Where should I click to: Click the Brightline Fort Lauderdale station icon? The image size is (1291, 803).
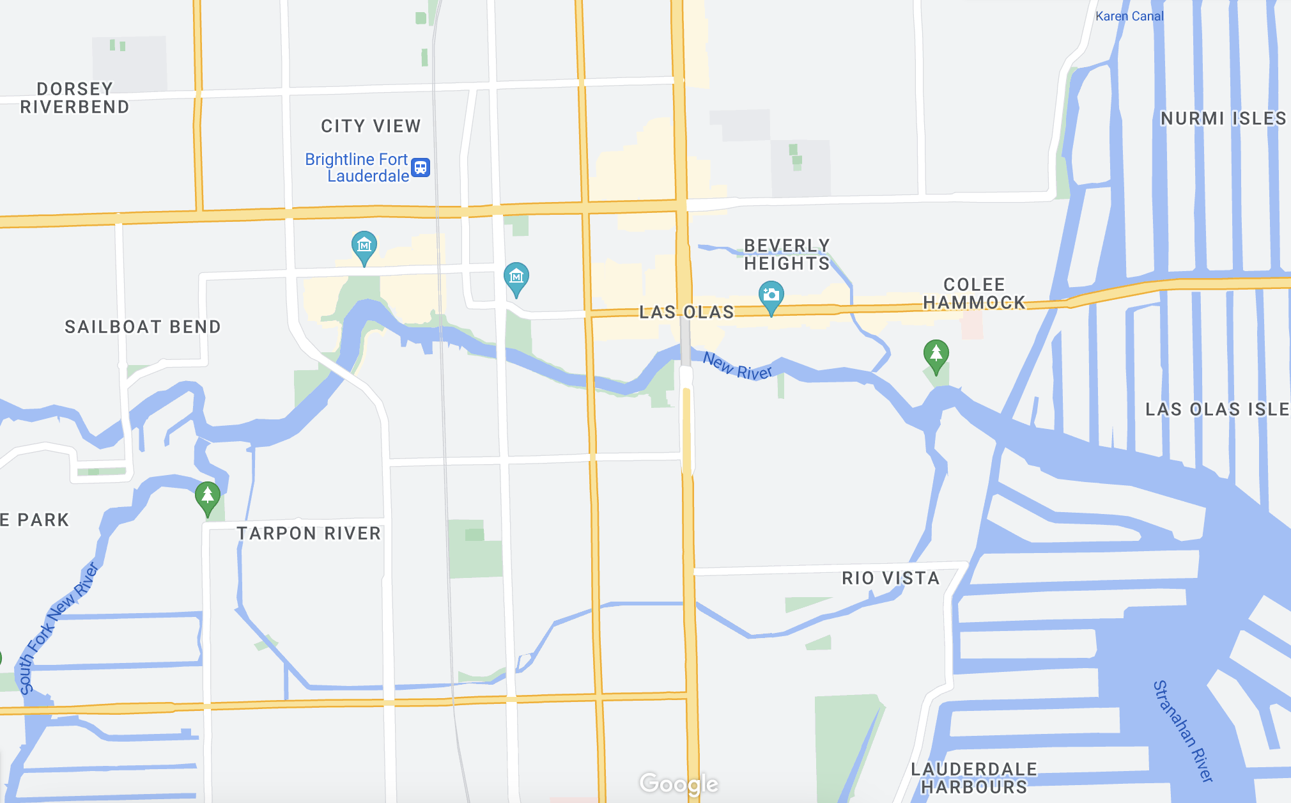(421, 168)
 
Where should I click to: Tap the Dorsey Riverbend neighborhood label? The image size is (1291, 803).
(75, 98)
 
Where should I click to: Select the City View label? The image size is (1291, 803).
(371, 126)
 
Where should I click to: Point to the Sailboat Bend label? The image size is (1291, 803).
(143, 327)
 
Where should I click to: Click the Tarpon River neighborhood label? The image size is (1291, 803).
(309, 533)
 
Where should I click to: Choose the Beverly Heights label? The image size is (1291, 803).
(787, 254)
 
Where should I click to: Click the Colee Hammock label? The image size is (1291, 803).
(974, 293)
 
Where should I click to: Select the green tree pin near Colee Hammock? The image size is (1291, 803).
(936, 354)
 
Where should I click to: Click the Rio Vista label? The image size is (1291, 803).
(890, 578)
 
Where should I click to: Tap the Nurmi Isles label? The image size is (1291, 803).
(1223, 118)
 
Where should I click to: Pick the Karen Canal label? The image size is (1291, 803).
(1129, 16)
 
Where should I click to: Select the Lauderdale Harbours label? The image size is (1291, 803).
(974, 777)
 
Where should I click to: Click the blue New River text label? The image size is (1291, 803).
(738, 366)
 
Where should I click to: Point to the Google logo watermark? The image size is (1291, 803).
(679, 783)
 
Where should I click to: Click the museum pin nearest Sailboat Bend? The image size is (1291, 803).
(364, 246)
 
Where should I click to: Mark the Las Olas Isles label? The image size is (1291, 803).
(1217, 409)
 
